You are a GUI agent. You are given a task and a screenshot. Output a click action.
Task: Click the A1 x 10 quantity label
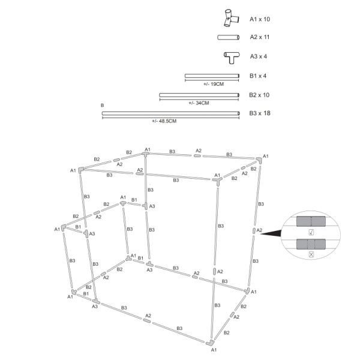coord(260,19)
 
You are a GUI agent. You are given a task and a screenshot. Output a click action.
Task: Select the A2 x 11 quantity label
coord(260,37)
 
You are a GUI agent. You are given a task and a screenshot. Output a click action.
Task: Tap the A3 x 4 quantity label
coord(259,56)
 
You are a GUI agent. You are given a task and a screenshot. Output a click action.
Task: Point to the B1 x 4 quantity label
coord(258,76)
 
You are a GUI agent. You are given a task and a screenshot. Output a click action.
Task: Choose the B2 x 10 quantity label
coord(259,95)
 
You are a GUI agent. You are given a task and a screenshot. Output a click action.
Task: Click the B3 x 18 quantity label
coord(260,113)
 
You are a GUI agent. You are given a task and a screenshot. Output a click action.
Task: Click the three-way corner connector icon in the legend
coord(232,18)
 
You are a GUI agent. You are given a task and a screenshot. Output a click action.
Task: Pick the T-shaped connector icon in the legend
coord(232,58)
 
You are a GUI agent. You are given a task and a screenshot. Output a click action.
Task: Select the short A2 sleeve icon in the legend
coord(229,37)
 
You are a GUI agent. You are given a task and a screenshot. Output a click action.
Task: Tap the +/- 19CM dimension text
coord(214,84)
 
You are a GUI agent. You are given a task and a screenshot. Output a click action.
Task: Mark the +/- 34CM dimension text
coord(199,103)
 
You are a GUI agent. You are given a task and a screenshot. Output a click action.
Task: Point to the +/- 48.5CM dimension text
coord(164,121)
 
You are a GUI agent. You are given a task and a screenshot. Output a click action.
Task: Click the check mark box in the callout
coord(311,232)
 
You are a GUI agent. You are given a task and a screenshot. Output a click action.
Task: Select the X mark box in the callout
coord(311,254)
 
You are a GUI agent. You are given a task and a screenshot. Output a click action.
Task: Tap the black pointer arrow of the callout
coord(271,233)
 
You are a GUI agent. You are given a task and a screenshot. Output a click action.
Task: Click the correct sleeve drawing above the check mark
coord(311,221)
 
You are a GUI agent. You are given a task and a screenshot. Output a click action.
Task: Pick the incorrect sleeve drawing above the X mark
coord(311,244)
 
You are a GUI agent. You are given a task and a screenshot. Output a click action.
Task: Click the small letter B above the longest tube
coord(103,106)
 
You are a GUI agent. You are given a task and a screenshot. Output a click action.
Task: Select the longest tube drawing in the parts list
coord(171,113)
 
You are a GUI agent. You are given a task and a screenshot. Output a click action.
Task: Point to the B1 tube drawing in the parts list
coord(212,76)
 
